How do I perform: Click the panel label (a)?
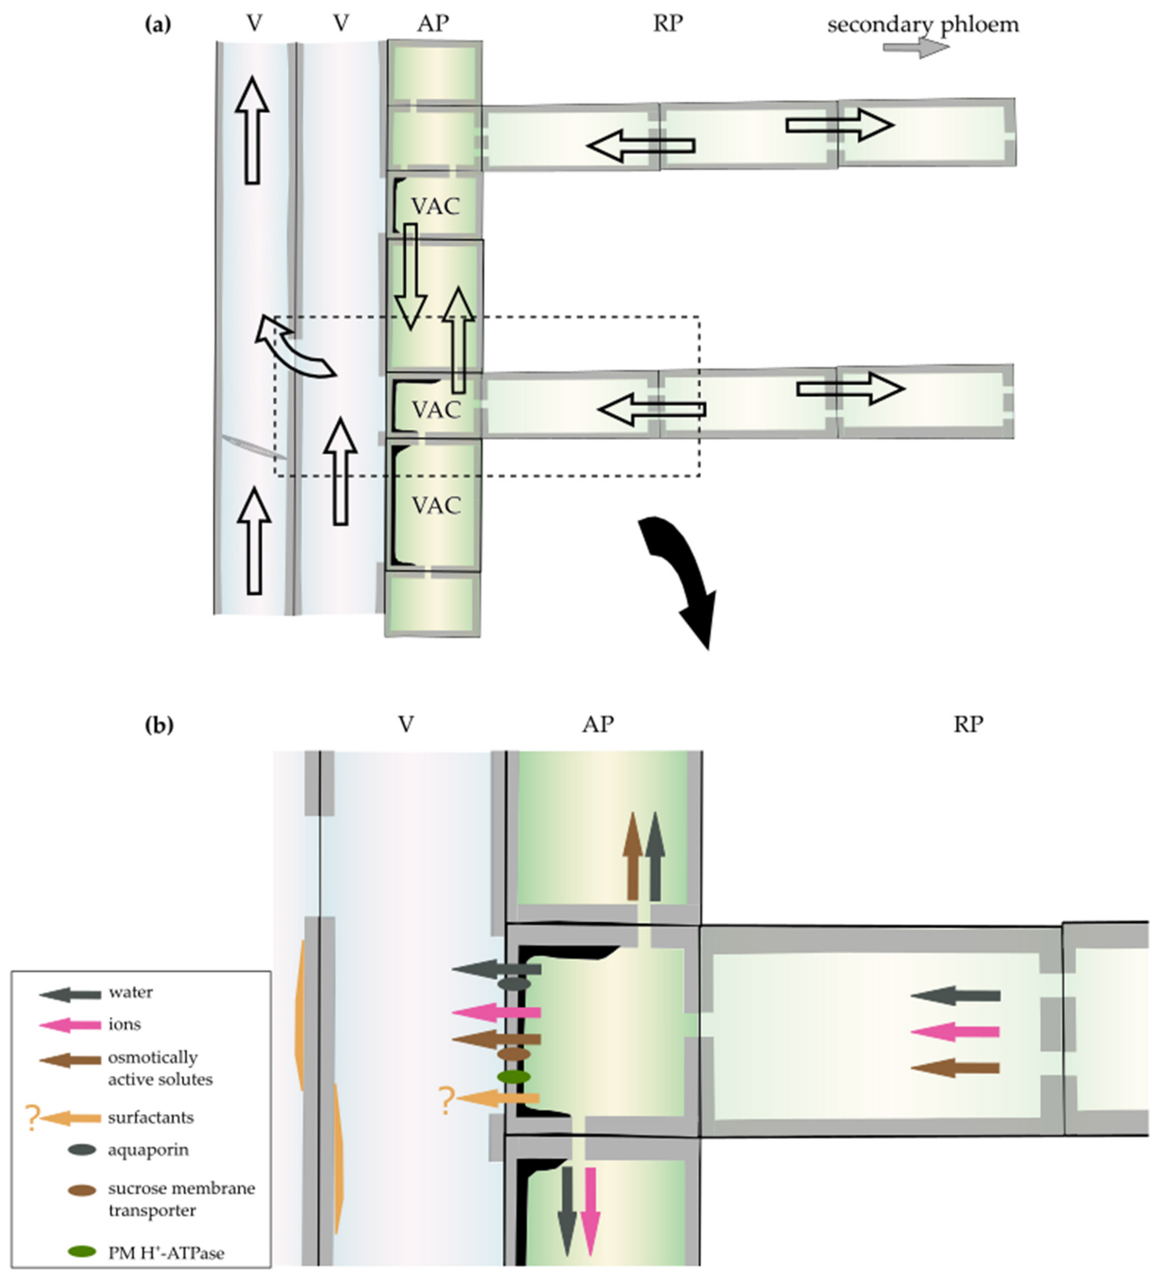(158, 25)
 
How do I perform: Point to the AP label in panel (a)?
(434, 24)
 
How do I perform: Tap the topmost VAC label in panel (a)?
(436, 206)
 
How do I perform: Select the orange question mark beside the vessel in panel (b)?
(447, 1100)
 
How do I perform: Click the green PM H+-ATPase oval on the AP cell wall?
(513, 1076)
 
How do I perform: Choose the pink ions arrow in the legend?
(70, 1025)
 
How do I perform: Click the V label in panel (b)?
(406, 724)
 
